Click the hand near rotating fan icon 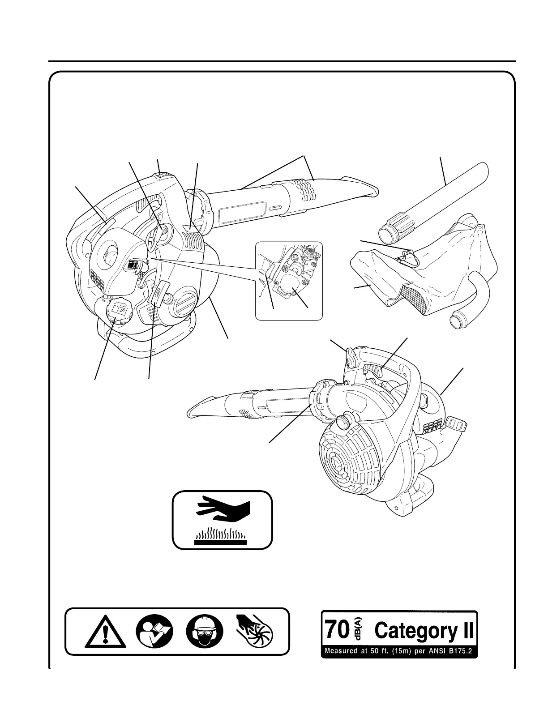256,631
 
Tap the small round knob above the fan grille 344,420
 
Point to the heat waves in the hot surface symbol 220,534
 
